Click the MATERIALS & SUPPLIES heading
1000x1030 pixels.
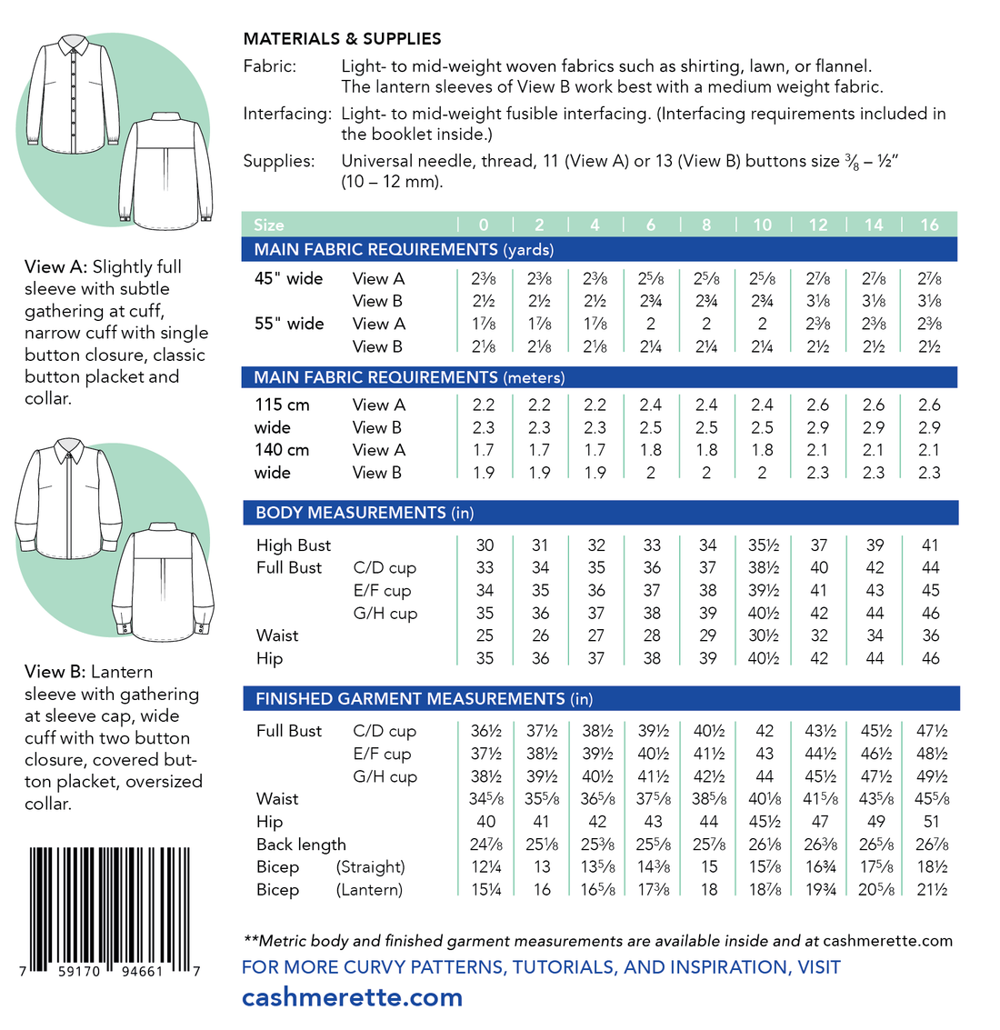tap(342, 39)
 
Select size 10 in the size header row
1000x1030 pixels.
tap(762, 225)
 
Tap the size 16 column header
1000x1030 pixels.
tap(929, 225)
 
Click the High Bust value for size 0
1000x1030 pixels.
tap(485, 545)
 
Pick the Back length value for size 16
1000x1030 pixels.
tap(931, 845)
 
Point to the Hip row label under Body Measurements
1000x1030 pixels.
tap(269, 658)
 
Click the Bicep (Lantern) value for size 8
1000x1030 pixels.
tap(708, 890)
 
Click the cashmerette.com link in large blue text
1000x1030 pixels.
tap(352, 997)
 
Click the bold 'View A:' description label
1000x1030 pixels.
tap(55, 267)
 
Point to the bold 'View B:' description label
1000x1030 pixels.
tap(55, 672)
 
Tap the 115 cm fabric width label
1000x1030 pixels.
tap(282, 405)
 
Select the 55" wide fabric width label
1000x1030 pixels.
tap(289, 324)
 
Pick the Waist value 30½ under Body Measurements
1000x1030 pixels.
tap(763, 635)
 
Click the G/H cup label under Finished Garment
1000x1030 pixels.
tap(385, 776)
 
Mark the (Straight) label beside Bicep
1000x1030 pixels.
tap(370, 867)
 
